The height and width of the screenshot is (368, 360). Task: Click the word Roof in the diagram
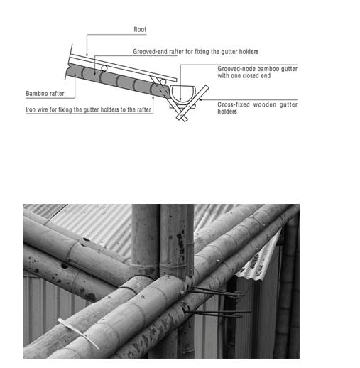(x=140, y=29)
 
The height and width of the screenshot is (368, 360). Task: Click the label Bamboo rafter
(x=45, y=94)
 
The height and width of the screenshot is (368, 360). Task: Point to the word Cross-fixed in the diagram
(x=234, y=104)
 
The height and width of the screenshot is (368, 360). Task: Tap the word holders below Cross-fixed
(x=227, y=112)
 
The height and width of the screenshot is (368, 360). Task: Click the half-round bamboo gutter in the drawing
(x=182, y=94)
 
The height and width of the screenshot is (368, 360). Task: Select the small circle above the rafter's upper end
(x=104, y=68)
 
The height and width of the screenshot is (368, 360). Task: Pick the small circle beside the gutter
(x=163, y=82)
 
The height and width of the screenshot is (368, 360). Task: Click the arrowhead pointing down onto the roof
(x=87, y=55)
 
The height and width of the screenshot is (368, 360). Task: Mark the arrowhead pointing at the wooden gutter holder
(x=201, y=100)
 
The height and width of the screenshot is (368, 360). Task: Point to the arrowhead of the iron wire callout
(x=153, y=97)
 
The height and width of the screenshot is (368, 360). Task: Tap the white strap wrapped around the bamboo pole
(x=79, y=333)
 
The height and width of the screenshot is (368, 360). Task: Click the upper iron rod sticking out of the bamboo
(x=217, y=292)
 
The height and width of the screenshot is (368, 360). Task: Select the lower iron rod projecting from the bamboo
(x=218, y=313)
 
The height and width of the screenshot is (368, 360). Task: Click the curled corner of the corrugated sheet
(x=261, y=257)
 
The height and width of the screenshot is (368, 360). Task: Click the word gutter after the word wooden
(x=288, y=104)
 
